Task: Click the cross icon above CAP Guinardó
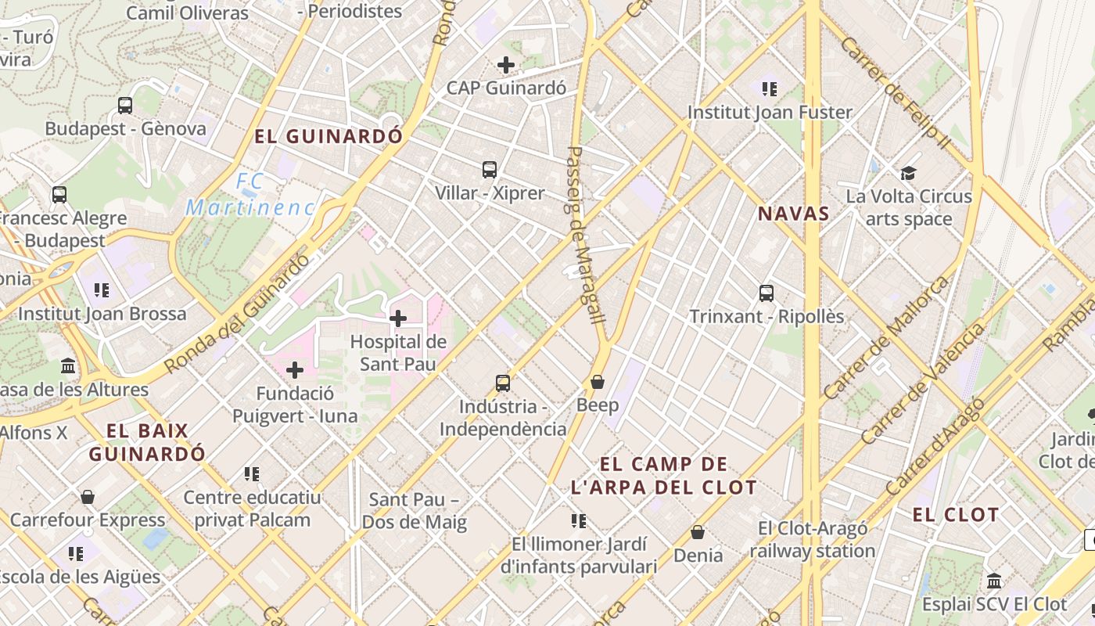pos(506,65)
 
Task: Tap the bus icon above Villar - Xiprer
pos(490,169)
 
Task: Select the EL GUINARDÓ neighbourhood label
pos(328,136)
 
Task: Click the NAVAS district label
pos(793,214)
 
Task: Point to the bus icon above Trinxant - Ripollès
pos(766,293)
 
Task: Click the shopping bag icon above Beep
pos(598,382)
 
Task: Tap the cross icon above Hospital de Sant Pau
pos(398,318)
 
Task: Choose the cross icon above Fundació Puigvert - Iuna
pos(295,370)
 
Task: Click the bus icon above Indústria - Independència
pos(503,383)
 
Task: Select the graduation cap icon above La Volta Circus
pos(908,173)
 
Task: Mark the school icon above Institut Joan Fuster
pos(770,89)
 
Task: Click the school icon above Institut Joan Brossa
pos(102,291)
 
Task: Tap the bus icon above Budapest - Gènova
pos(125,106)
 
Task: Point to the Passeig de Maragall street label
pos(585,235)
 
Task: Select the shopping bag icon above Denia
pos(698,532)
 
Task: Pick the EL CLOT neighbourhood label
pos(956,515)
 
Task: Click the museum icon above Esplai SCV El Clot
pos(994,581)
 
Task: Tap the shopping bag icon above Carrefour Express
pos(88,497)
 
